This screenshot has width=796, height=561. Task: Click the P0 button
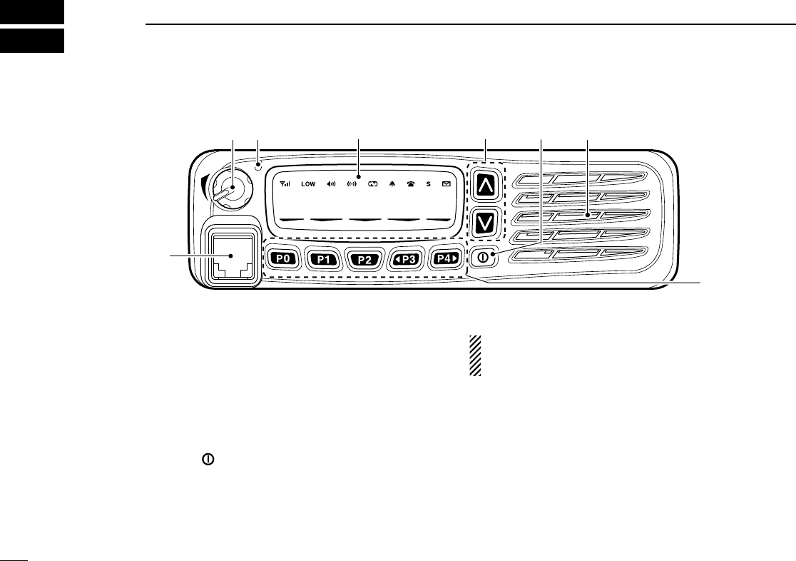point(284,259)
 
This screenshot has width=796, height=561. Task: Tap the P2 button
point(364,259)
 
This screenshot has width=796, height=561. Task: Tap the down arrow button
point(485,222)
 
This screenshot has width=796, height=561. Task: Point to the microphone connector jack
point(231,256)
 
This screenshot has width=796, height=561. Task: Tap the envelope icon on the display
point(447,183)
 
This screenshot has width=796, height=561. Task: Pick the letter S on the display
point(429,183)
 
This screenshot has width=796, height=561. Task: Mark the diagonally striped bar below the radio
point(474,355)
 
